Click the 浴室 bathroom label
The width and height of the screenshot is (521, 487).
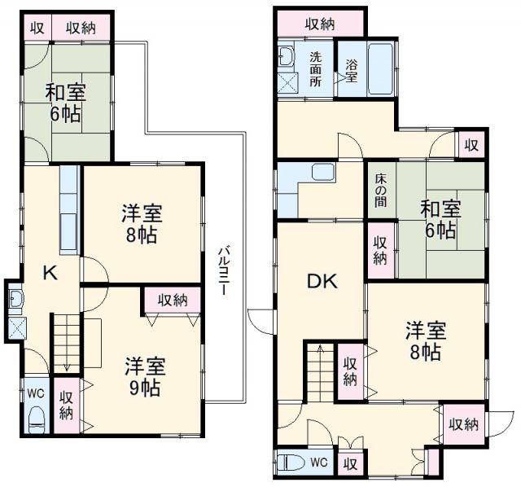point(351,71)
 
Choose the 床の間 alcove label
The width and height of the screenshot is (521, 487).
point(381,192)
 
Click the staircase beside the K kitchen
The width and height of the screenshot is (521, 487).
point(66,343)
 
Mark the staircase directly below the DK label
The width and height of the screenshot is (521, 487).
point(318,371)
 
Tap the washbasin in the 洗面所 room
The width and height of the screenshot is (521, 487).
point(286,56)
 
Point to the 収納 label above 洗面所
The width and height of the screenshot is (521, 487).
point(321,24)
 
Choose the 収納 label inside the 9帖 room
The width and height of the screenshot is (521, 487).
point(173,300)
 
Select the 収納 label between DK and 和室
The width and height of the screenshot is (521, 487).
point(380,248)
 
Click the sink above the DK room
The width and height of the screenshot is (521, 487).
point(322,173)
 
